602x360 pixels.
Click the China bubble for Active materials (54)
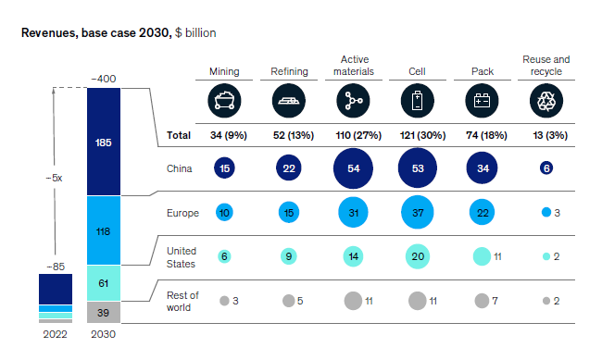pos(353,168)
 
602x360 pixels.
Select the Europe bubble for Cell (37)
pos(417,213)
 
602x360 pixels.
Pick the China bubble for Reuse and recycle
pos(546,168)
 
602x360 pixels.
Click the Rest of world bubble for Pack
pos(482,301)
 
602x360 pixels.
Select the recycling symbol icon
pos(546,99)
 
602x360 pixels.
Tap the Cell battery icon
pos(417,99)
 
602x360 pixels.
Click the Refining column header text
pos(289,70)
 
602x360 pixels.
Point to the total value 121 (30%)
pos(417,135)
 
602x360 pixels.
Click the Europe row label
pos(182,213)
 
